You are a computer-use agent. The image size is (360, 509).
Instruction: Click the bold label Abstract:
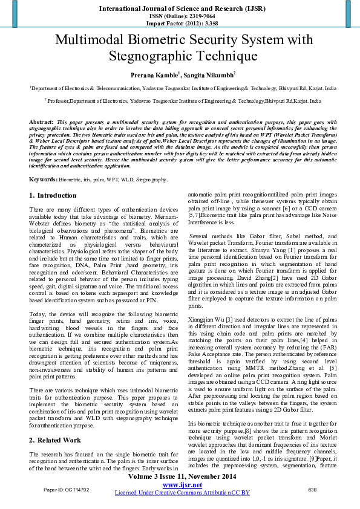(42, 122)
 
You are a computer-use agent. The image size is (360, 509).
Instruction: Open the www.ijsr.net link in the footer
(182, 485)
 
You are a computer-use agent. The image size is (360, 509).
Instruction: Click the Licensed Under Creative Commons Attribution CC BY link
(182, 493)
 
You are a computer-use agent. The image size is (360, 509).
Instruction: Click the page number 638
(312, 489)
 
